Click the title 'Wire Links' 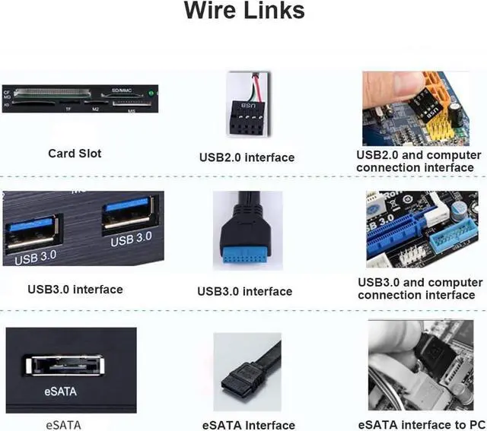[243, 11]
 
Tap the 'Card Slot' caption [75, 153]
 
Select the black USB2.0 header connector [245, 120]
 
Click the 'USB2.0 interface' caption [247, 157]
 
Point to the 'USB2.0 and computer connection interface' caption [419, 160]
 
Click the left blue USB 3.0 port [31, 231]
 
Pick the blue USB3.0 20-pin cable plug [247, 248]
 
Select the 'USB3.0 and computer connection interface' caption [420, 288]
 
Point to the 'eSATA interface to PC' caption [421, 423]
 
